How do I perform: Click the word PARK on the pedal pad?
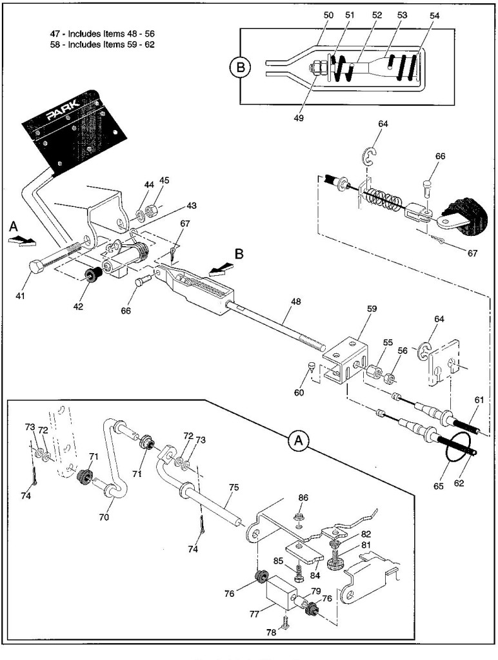coord(63,110)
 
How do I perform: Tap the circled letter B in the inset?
coord(241,67)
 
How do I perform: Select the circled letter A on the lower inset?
coord(298,441)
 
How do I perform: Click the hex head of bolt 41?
coord(35,267)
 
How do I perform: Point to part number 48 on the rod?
coord(296,302)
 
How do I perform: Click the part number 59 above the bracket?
coord(372,309)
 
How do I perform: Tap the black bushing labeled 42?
coord(92,276)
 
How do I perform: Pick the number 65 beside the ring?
coord(439,486)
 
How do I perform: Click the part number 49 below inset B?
coord(298,118)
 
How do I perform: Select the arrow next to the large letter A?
coord(22,241)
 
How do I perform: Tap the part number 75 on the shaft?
coord(234,487)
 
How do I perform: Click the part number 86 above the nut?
coord(303,498)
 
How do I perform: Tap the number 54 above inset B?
coord(434,15)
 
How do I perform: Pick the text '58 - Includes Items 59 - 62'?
coord(103,44)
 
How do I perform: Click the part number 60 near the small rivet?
coord(299,393)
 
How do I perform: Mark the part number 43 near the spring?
coord(192,206)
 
